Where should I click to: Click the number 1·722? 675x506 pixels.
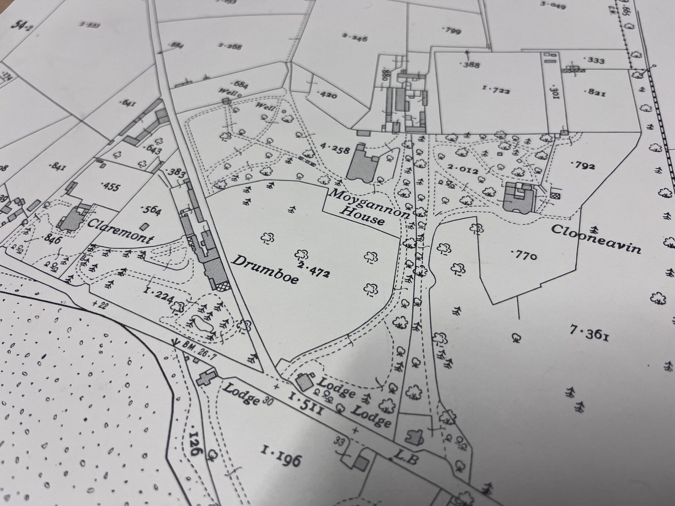tap(496, 89)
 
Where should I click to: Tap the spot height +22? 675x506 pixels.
tap(100, 305)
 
